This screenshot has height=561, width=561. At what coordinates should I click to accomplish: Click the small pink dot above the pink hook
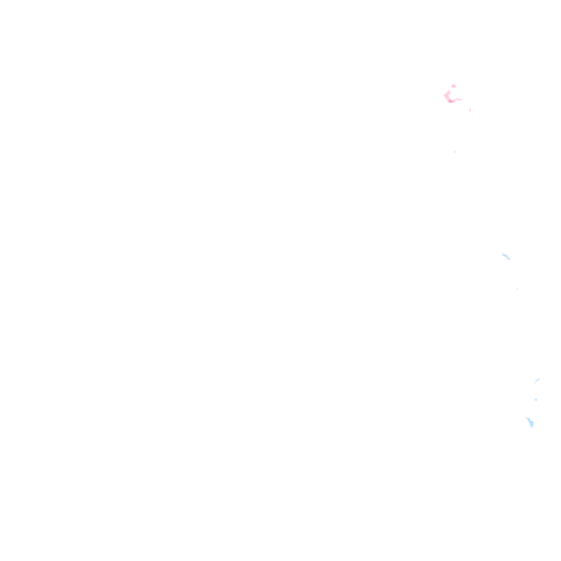(454, 85)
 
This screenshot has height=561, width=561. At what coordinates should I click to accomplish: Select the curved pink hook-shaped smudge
(449, 99)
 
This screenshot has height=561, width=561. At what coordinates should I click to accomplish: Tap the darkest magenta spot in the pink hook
(450, 101)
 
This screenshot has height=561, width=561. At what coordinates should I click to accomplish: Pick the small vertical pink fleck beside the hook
(470, 110)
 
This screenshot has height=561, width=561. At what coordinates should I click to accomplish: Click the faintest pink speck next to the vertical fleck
(472, 115)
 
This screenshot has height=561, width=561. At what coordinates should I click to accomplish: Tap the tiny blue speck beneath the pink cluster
(454, 152)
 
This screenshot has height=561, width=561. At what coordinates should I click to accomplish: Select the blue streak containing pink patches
(506, 256)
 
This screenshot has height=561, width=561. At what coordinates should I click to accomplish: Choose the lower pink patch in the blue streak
(508, 257)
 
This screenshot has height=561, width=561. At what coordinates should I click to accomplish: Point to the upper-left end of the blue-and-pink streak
(502, 254)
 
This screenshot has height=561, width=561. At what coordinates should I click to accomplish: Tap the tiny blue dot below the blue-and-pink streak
(517, 289)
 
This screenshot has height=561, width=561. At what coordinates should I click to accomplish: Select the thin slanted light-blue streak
(537, 380)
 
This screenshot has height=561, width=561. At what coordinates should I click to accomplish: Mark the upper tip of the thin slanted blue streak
(540, 378)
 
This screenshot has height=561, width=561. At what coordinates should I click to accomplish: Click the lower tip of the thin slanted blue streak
(534, 383)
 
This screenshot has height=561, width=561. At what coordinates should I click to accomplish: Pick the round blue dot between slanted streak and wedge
(536, 399)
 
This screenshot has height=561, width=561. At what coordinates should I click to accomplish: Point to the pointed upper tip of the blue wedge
(525, 417)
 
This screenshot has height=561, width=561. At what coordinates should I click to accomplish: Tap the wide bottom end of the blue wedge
(531, 426)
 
